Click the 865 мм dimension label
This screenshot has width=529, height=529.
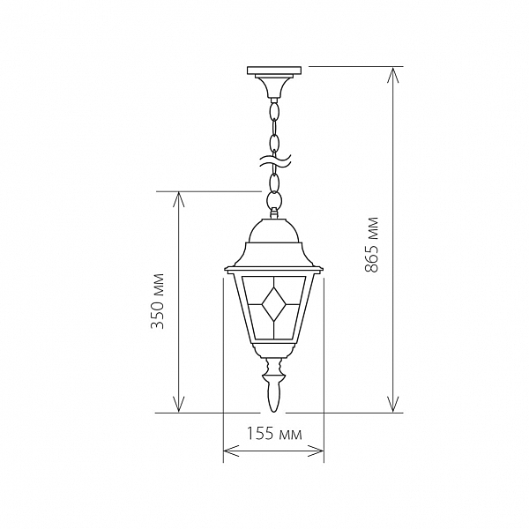coord(371,244)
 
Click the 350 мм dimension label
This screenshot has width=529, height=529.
coord(157,301)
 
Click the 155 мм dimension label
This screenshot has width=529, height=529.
coord(274,434)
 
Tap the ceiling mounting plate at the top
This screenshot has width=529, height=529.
coord(273,71)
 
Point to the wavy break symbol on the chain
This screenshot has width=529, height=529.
coord(274,161)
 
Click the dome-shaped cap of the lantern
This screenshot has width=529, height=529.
coord(273,230)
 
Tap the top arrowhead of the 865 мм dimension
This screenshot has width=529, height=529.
coord(392,75)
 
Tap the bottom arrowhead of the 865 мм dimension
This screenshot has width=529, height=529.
coord(392,404)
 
